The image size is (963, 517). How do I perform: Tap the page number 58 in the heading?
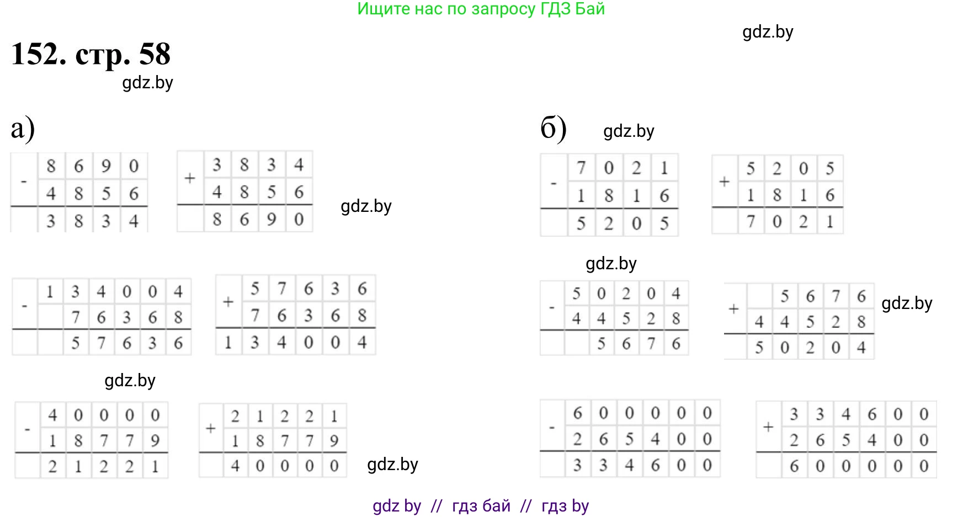[x=155, y=55]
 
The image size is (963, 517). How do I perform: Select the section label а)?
[x=23, y=129]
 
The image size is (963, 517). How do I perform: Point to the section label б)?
[x=554, y=129]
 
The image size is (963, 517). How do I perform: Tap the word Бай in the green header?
[x=590, y=9]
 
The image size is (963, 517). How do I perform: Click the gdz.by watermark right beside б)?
[x=629, y=131]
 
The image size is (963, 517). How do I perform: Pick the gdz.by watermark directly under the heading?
[x=147, y=83]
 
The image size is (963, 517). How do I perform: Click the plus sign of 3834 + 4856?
[x=190, y=178]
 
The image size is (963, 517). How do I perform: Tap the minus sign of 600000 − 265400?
[x=552, y=427]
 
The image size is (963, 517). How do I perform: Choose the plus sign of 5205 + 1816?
[x=725, y=182]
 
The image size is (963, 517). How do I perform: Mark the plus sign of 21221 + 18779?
[x=210, y=429]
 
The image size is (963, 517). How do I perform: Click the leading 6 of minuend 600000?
[x=578, y=413]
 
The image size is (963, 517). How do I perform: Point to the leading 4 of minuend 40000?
[x=52, y=415]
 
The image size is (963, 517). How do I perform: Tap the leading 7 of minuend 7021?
[x=581, y=168]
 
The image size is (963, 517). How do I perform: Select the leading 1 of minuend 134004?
[x=50, y=291]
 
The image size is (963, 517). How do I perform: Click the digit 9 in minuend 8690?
[x=106, y=166]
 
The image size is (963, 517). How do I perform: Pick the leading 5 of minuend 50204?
[x=576, y=294]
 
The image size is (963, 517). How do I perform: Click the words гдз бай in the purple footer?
[x=481, y=506]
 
